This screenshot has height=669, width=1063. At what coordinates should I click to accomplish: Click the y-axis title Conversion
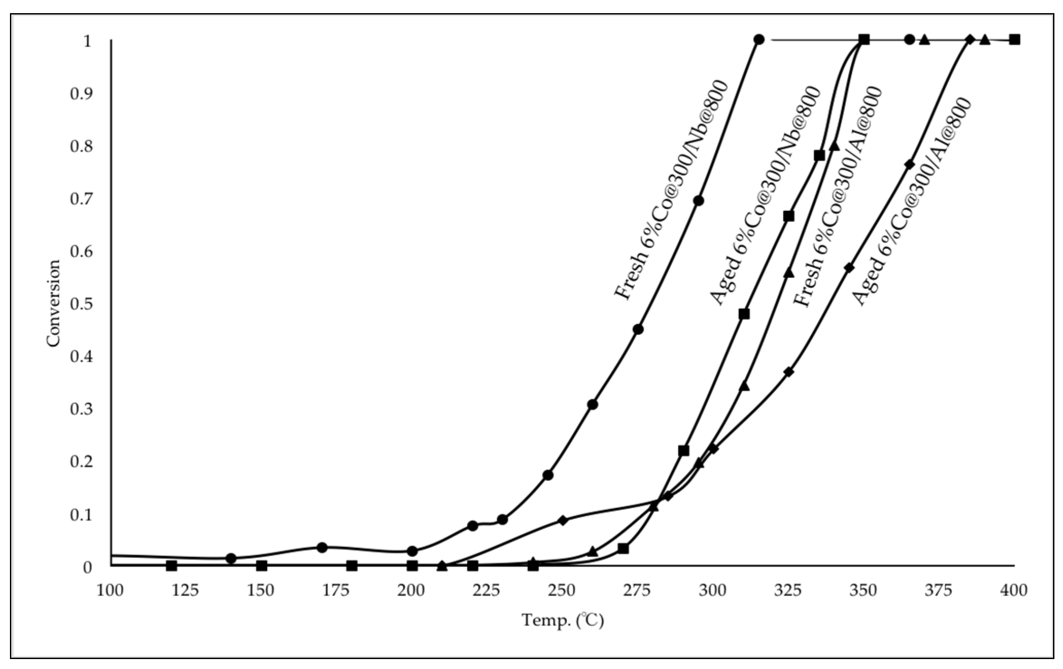(x=53, y=303)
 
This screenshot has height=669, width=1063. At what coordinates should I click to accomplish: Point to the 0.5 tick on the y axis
(x=81, y=303)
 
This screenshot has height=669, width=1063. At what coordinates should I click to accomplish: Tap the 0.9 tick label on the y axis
(x=81, y=93)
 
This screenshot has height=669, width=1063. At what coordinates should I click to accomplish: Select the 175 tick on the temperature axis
(x=335, y=590)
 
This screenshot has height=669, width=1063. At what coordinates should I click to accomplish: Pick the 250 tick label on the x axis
(x=562, y=590)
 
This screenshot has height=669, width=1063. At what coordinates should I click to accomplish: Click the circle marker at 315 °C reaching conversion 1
(x=759, y=40)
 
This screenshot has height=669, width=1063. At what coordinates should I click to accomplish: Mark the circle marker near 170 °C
(x=322, y=547)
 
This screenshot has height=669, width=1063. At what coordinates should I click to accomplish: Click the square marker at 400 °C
(x=1015, y=40)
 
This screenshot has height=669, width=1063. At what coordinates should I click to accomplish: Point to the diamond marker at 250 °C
(x=562, y=520)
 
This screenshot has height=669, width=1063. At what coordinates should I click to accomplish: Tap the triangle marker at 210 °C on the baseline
(x=442, y=565)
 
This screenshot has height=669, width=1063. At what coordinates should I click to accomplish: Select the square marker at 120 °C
(x=171, y=565)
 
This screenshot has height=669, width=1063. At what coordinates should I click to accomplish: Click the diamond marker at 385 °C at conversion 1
(x=969, y=40)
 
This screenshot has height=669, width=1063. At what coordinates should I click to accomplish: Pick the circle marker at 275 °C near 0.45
(x=638, y=329)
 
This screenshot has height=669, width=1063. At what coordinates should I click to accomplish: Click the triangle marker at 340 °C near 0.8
(x=834, y=146)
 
